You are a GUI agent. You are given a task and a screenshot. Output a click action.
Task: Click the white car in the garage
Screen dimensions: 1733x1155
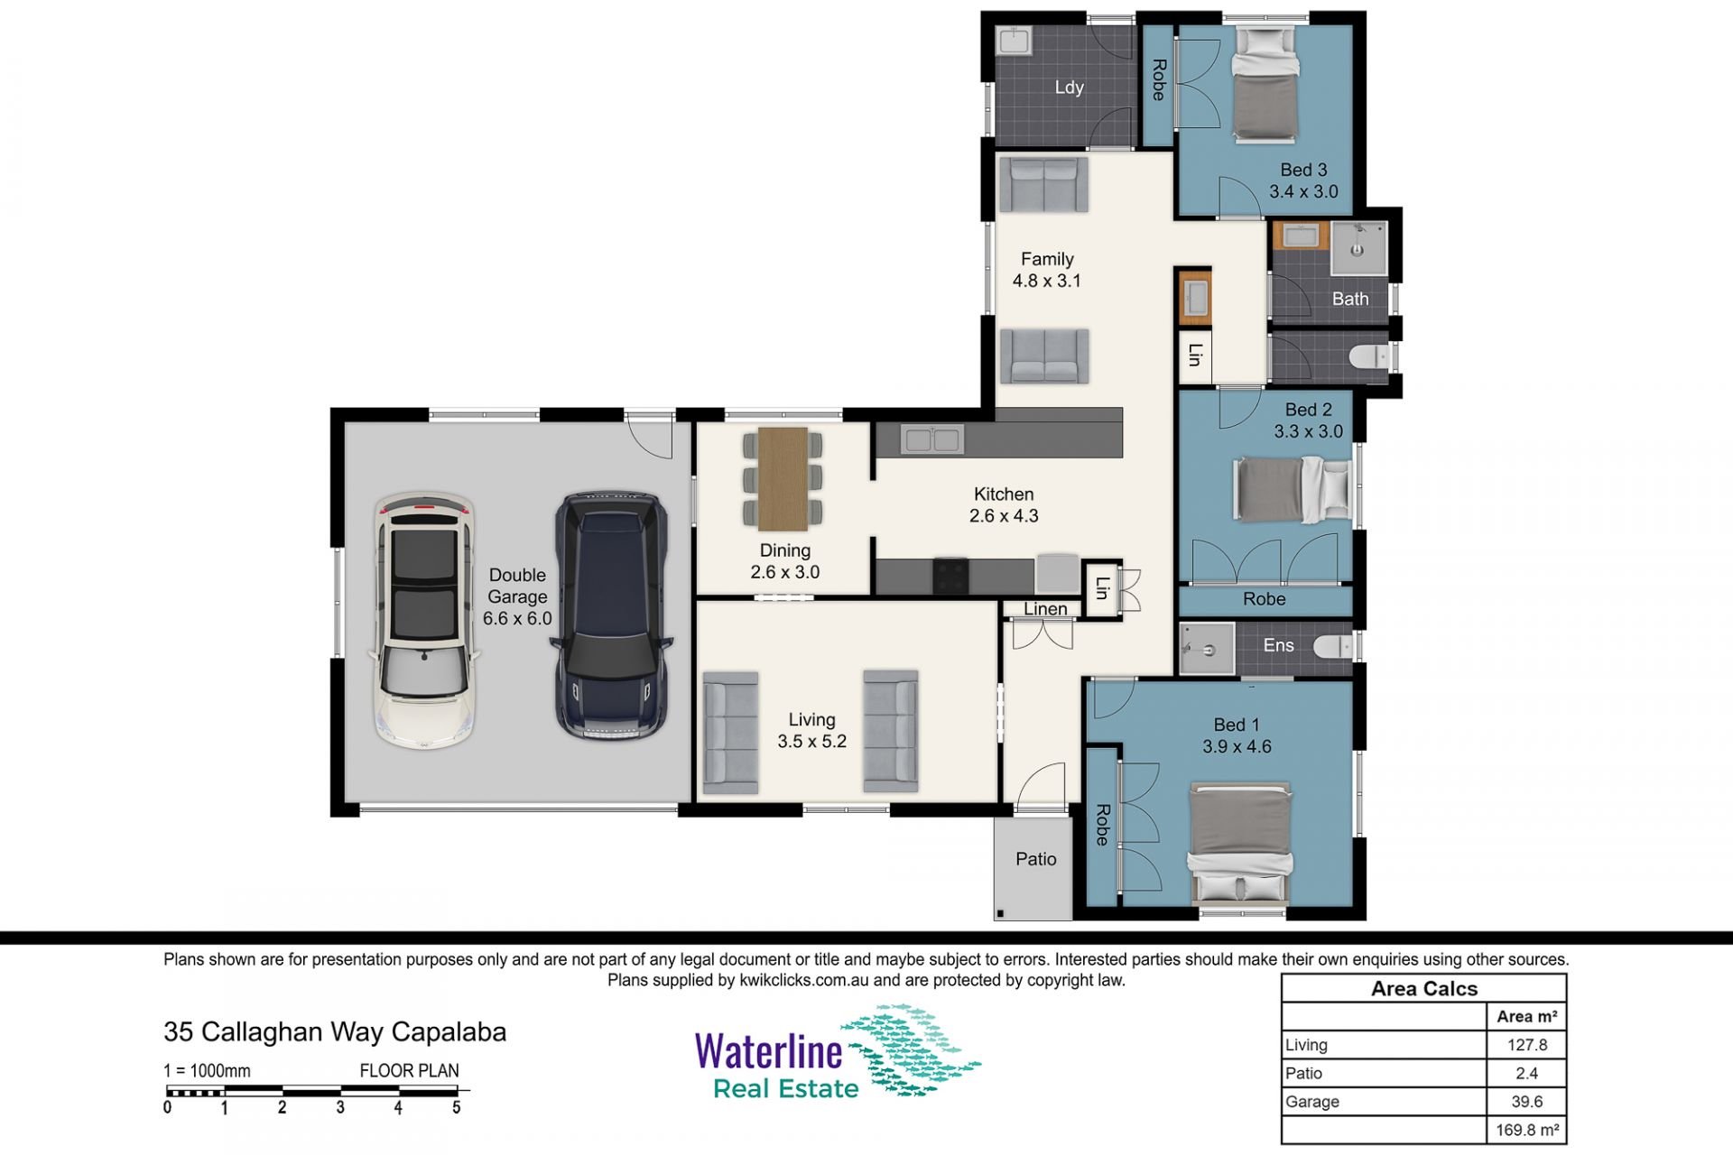click(x=422, y=621)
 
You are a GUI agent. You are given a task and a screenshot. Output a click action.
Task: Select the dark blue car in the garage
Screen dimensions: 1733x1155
click(x=612, y=615)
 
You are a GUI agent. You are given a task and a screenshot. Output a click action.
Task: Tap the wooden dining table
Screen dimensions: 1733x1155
click(x=783, y=478)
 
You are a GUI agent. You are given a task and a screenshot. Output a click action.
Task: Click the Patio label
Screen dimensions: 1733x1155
click(x=1035, y=859)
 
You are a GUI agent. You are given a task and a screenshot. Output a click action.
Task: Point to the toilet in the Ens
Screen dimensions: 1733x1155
click(x=1333, y=646)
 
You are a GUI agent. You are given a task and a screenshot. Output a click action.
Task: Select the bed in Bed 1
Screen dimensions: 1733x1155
click(x=1239, y=843)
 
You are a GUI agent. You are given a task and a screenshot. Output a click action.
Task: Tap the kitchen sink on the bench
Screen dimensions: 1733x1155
click(x=932, y=439)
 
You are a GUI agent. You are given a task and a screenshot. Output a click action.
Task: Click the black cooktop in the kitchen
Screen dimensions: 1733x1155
click(x=950, y=576)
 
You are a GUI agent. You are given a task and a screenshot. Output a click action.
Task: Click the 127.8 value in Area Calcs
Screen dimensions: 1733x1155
click(x=1527, y=1045)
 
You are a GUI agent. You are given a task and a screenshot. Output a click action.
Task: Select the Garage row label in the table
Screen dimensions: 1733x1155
click(x=1312, y=1102)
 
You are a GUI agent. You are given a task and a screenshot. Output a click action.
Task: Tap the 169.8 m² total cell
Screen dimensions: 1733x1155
click(x=1527, y=1130)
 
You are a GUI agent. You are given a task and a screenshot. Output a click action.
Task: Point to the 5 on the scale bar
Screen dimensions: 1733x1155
click(x=457, y=1108)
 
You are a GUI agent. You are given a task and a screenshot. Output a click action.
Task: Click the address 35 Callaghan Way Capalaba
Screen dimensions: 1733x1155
click(x=335, y=1032)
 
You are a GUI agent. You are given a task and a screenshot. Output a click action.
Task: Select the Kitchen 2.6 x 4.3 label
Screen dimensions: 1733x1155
click(x=1004, y=505)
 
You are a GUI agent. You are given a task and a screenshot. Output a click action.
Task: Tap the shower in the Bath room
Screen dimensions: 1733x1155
click(x=1358, y=247)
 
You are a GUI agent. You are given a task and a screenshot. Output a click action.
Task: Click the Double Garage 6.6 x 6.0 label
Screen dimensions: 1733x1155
click(x=517, y=596)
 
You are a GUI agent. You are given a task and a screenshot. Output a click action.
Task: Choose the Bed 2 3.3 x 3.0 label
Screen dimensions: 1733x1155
click(x=1308, y=420)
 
